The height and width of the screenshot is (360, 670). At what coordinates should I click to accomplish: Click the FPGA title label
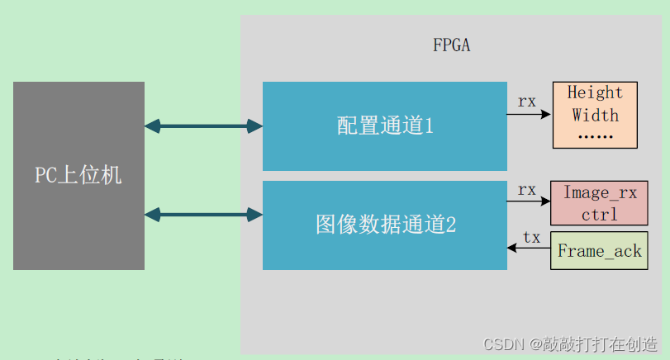point(451,45)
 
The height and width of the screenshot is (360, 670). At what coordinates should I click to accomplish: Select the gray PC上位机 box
point(78,175)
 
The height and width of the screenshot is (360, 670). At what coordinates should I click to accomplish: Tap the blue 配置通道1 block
point(384,126)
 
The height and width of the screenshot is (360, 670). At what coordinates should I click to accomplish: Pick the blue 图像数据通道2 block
point(384,225)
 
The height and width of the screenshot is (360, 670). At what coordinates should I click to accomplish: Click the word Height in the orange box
point(595,92)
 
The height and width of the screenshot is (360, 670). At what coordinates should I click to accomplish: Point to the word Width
point(595,115)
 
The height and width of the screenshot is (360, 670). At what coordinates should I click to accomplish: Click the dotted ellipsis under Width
point(595,135)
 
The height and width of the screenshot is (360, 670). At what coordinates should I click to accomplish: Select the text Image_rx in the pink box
point(600,193)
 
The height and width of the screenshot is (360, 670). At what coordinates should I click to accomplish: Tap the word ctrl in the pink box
point(600,214)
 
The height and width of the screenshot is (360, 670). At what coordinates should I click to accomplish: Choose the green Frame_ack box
point(600,251)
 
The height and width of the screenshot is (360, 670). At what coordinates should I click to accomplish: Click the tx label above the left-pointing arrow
point(532,237)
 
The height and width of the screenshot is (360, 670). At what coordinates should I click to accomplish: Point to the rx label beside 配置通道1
point(527,102)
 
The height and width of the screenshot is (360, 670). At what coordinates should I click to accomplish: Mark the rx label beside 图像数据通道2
point(527,190)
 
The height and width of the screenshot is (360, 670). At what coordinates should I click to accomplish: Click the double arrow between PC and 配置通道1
point(203,126)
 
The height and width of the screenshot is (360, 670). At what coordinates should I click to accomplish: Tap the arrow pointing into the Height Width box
point(530,114)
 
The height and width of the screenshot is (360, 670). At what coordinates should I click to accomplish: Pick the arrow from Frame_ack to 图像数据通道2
point(530,249)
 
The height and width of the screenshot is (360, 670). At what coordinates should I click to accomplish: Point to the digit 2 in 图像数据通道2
point(450,225)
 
